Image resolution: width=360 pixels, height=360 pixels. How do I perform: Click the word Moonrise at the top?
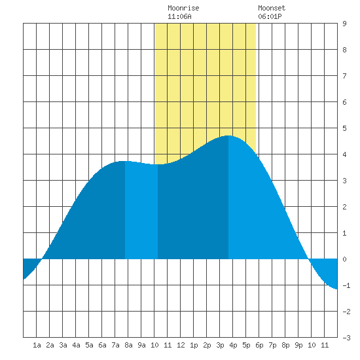183,8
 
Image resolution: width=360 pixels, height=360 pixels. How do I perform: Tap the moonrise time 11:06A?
179,16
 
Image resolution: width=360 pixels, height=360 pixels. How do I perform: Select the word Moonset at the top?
272,8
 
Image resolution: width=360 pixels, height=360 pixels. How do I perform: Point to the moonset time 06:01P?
270,16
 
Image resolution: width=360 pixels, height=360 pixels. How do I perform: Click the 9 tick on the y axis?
344,24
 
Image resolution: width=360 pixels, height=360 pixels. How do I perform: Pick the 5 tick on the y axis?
344,128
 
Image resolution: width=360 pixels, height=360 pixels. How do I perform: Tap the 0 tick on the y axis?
344,259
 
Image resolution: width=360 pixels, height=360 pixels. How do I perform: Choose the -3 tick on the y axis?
346,338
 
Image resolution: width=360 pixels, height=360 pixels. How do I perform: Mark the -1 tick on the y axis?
346,285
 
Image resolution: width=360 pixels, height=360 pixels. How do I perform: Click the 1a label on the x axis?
37,345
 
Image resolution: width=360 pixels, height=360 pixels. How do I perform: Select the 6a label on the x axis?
102,345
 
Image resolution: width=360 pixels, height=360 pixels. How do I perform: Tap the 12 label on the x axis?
181,345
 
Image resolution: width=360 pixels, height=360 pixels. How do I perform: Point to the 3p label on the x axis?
220,345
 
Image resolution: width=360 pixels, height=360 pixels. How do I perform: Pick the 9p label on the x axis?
298,345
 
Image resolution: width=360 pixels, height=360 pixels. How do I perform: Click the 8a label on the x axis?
128,345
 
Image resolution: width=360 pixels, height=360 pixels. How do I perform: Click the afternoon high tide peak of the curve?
228,135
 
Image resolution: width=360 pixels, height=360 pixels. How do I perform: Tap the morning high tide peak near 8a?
124,161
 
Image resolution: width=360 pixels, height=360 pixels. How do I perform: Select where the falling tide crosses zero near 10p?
308,259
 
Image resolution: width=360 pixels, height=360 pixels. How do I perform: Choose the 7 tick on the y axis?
344,76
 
